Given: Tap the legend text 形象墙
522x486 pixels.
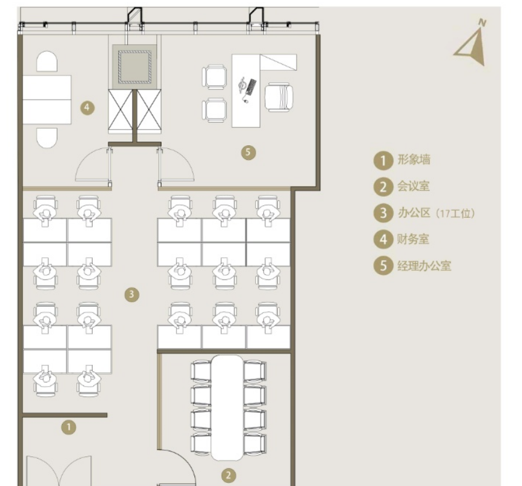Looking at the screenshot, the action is click(x=414, y=160).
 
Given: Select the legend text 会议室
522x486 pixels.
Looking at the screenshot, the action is click(x=414, y=186).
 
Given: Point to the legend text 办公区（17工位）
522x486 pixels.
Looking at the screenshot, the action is click(x=437, y=213).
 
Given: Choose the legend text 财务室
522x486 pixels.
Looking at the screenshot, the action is click(x=413, y=239).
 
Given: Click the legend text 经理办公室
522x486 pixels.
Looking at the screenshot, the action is click(x=425, y=266).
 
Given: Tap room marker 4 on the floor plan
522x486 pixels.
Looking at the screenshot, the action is click(x=87, y=108).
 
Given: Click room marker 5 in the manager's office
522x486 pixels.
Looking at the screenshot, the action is click(x=248, y=153).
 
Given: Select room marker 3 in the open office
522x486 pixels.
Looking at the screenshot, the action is click(x=132, y=294).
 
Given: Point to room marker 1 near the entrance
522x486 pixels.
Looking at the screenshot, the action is click(x=69, y=427).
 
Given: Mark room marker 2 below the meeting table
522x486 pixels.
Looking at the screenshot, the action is click(x=229, y=475).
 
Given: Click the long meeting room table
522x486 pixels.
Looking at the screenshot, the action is click(x=228, y=408).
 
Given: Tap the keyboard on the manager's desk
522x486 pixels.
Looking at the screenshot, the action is click(x=251, y=86).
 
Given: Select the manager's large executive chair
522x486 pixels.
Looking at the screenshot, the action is click(x=279, y=97).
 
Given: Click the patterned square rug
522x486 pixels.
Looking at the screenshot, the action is click(x=135, y=67).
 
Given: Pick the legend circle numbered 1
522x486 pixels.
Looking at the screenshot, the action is click(x=383, y=160).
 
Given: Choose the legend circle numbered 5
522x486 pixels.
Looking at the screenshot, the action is click(x=383, y=266).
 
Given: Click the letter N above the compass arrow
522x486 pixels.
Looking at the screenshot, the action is click(x=482, y=22).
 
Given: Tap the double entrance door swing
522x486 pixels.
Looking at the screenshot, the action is click(x=59, y=470).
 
